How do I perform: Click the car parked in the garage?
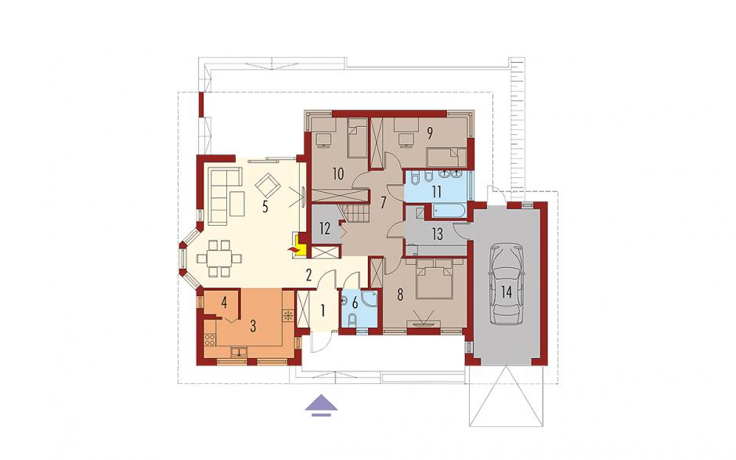coord(506,284)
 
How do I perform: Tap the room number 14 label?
coord(506,292)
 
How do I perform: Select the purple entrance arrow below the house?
coord(322,405)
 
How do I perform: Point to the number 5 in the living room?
coord(265,207)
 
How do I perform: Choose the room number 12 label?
coord(325,229)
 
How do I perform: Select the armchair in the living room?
coord(268,185)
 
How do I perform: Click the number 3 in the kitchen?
coord(253,326)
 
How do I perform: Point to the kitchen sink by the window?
coord(240,351)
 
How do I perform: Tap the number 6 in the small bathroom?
coord(355,302)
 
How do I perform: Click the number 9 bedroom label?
coord(429,133)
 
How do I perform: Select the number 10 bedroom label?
coord(338,174)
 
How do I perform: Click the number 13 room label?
coord(437,234)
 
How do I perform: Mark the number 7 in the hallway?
coord(383,202)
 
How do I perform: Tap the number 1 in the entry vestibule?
coord(323,310)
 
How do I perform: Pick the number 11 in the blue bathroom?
coord(437,192)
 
